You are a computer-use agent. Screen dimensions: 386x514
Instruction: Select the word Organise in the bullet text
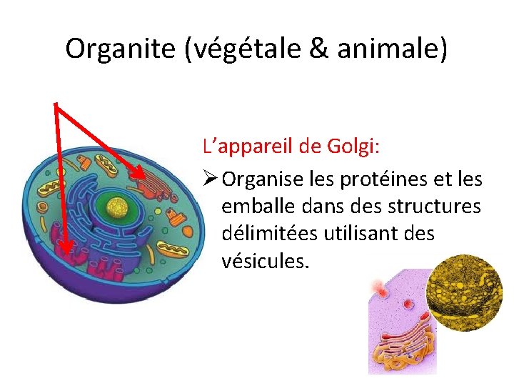[x=263, y=179]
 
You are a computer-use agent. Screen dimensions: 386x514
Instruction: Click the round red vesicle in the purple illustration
[x=408, y=304]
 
